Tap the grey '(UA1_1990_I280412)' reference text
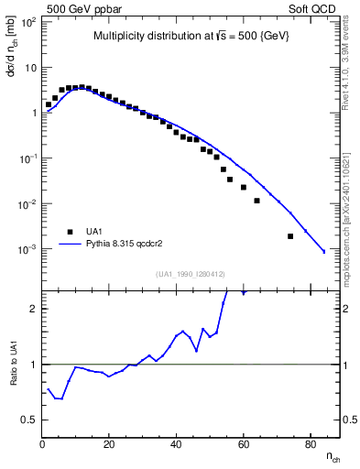(191, 273)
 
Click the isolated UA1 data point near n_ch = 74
(290, 236)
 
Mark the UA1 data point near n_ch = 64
(256, 201)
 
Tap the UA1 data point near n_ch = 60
(244, 187)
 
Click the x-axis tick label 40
(176, 445)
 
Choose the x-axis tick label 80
(311, 445)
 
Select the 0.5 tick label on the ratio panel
(29, 420)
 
